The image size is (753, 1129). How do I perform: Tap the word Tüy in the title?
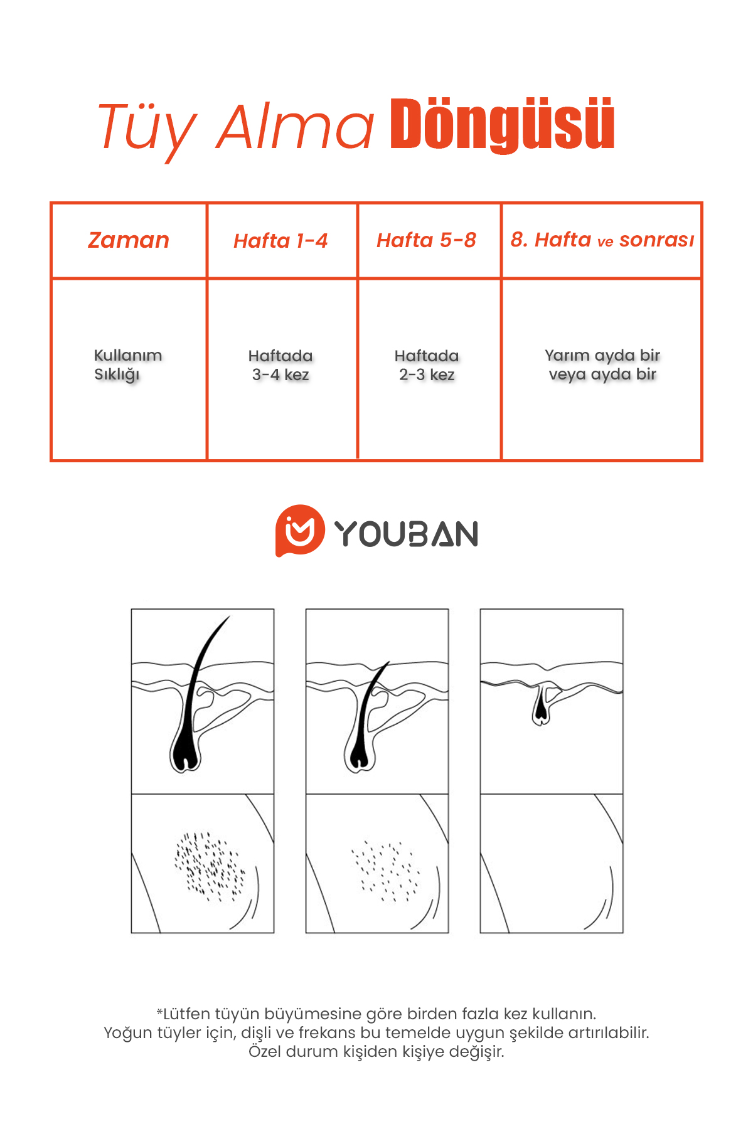[x=147, y=129]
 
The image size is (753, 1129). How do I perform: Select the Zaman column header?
[x=129, y=240]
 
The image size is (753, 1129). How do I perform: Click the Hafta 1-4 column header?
[x=280, y=241]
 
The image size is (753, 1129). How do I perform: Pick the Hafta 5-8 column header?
[x=426, y=240]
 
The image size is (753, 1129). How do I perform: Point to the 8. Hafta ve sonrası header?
[x=602, y=240]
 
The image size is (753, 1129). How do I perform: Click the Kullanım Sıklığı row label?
[x=128, y=365]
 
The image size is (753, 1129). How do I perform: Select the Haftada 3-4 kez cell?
[x=280, y=365]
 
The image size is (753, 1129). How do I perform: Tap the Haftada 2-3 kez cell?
[x=427, y=365]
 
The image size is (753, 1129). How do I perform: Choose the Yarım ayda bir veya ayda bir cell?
[x=602, y=365]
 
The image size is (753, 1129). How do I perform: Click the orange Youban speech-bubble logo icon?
[x=300, y=531]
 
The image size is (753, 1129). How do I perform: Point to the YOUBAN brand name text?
[x=407, y=534]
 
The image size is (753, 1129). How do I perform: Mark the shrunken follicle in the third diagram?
[x=540, y=706]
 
